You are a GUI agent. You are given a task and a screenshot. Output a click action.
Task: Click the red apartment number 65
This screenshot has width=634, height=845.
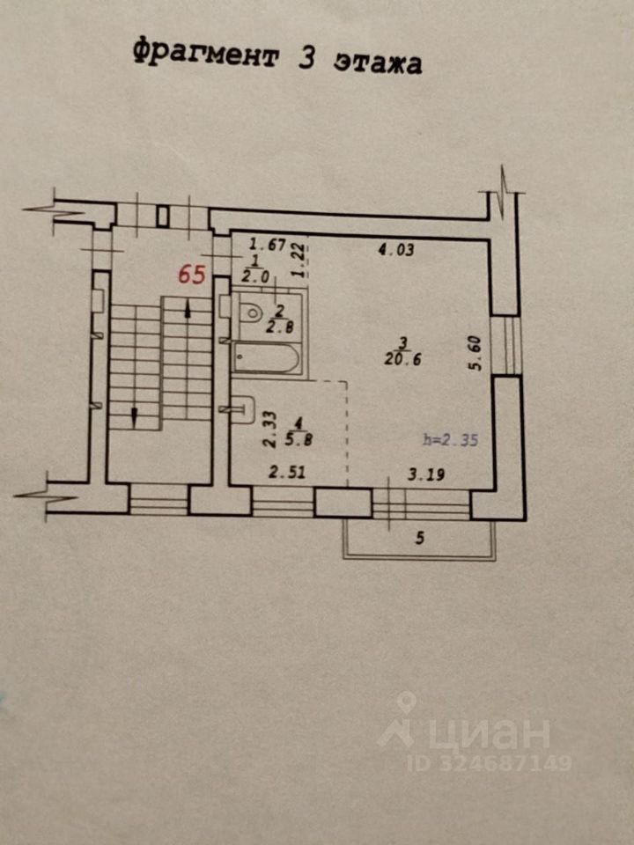click(192, 274)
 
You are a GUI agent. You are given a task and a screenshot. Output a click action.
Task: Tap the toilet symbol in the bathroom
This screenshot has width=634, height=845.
click(251, 312)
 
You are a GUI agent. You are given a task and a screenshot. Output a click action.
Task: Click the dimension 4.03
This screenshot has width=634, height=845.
click(395, 250)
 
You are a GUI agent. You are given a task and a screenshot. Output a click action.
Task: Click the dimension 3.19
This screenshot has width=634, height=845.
click(426, 475)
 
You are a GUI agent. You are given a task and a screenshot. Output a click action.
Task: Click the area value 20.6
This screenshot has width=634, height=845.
click(400, 359)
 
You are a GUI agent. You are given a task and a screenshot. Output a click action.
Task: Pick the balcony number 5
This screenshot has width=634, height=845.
click(420, 539)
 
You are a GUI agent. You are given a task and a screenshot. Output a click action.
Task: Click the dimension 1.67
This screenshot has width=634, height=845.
click(268, 246)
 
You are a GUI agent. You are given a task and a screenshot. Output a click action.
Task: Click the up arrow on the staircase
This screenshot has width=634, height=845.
click(189, 305)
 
